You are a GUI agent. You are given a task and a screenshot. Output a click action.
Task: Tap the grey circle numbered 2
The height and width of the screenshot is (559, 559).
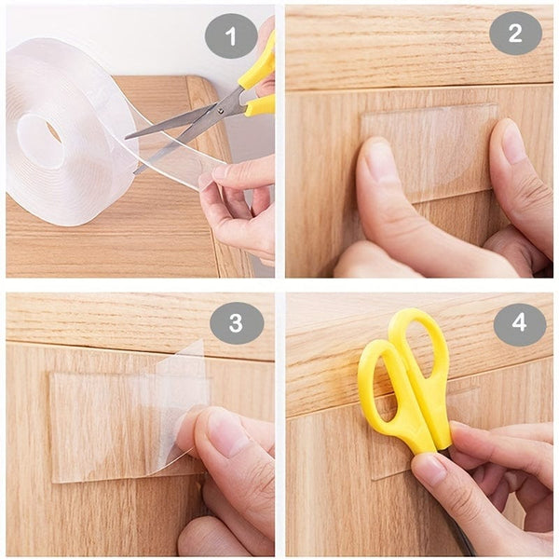(515, 34)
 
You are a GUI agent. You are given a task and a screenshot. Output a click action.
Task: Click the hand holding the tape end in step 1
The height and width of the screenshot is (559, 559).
(238, 200)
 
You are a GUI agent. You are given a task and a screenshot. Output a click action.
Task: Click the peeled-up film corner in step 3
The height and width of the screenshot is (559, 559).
(182, 391)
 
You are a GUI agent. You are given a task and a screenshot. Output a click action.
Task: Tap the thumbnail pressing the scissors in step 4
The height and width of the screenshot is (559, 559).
(430, 469)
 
